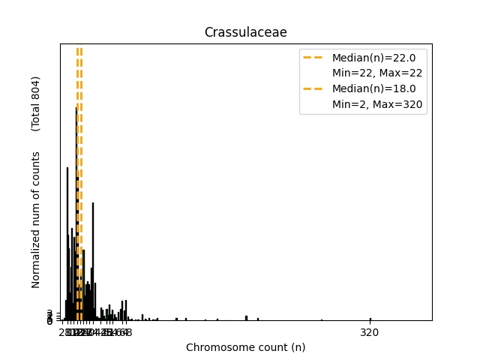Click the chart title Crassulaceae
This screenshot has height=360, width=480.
245,32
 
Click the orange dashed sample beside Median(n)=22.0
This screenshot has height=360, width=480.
313,57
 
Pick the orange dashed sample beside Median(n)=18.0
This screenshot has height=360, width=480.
313,88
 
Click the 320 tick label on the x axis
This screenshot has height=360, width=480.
370,332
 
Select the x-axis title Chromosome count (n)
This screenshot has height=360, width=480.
245,347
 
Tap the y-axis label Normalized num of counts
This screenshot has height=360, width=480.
36,219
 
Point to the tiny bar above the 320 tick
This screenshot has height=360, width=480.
370,319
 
